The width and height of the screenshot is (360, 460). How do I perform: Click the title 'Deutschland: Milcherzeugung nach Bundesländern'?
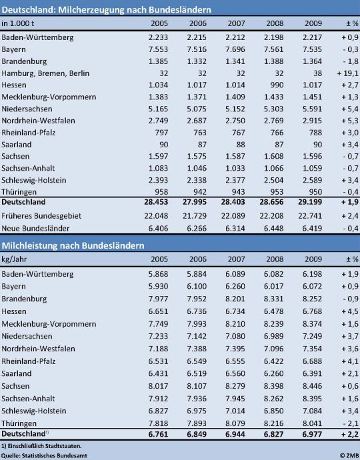106,10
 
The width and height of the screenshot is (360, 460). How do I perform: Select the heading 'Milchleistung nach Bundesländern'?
73,245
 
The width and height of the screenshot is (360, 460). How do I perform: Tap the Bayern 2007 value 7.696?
235,49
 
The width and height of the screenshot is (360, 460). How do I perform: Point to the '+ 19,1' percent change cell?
348,73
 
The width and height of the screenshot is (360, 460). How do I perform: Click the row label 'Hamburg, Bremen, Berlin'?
45,73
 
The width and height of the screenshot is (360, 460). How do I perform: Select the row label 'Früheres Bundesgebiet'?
41,216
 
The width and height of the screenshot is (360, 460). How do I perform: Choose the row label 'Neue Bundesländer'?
35,228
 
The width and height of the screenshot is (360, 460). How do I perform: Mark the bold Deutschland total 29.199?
310,202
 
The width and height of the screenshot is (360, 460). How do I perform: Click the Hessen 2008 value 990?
276,85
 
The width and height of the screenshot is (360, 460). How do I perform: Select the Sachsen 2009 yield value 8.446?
312,386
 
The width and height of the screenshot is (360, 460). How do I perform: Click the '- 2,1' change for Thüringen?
350,423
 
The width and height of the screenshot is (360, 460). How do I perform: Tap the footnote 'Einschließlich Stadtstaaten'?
44,446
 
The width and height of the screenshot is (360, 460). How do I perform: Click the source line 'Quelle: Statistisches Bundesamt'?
44,456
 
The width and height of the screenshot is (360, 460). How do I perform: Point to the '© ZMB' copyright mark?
349,455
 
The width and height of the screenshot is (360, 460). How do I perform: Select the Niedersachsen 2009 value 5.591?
312,109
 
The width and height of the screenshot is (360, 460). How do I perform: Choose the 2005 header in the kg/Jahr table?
159,259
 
